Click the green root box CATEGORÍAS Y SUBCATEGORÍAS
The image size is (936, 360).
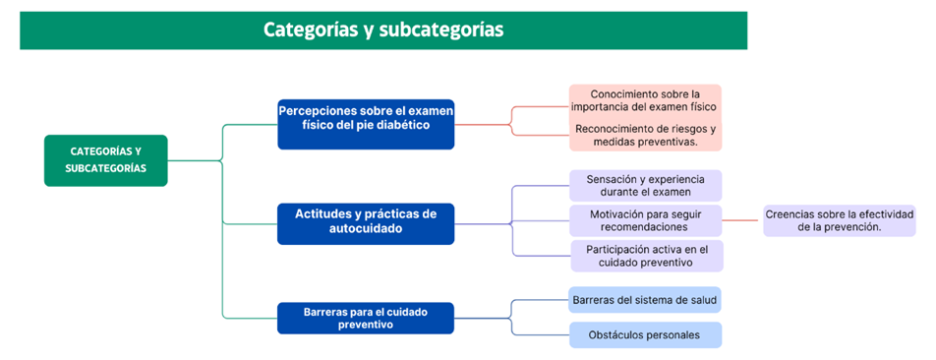pos(105,160)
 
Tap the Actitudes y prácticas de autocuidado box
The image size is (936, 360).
pos(366,224)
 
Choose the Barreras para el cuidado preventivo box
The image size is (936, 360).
pos(366,318)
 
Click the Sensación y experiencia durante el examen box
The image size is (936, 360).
pos(646,186)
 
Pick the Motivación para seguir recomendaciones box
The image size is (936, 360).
pos(646,220)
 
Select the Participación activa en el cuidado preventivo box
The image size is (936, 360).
pos(646,256)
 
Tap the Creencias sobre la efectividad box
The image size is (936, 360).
pos(840,220)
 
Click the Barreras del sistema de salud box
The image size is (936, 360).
pos(646,299)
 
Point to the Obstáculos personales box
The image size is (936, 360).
pos(646,335)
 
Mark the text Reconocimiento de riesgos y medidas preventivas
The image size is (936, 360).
pos(646,135)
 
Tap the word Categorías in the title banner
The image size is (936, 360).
pos(309,30)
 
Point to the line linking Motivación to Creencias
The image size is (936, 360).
pos(742,220)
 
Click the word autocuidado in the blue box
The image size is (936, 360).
pos(366,229)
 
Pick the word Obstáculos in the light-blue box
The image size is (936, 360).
pos(617,335)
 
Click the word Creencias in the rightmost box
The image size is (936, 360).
pos(790,213)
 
